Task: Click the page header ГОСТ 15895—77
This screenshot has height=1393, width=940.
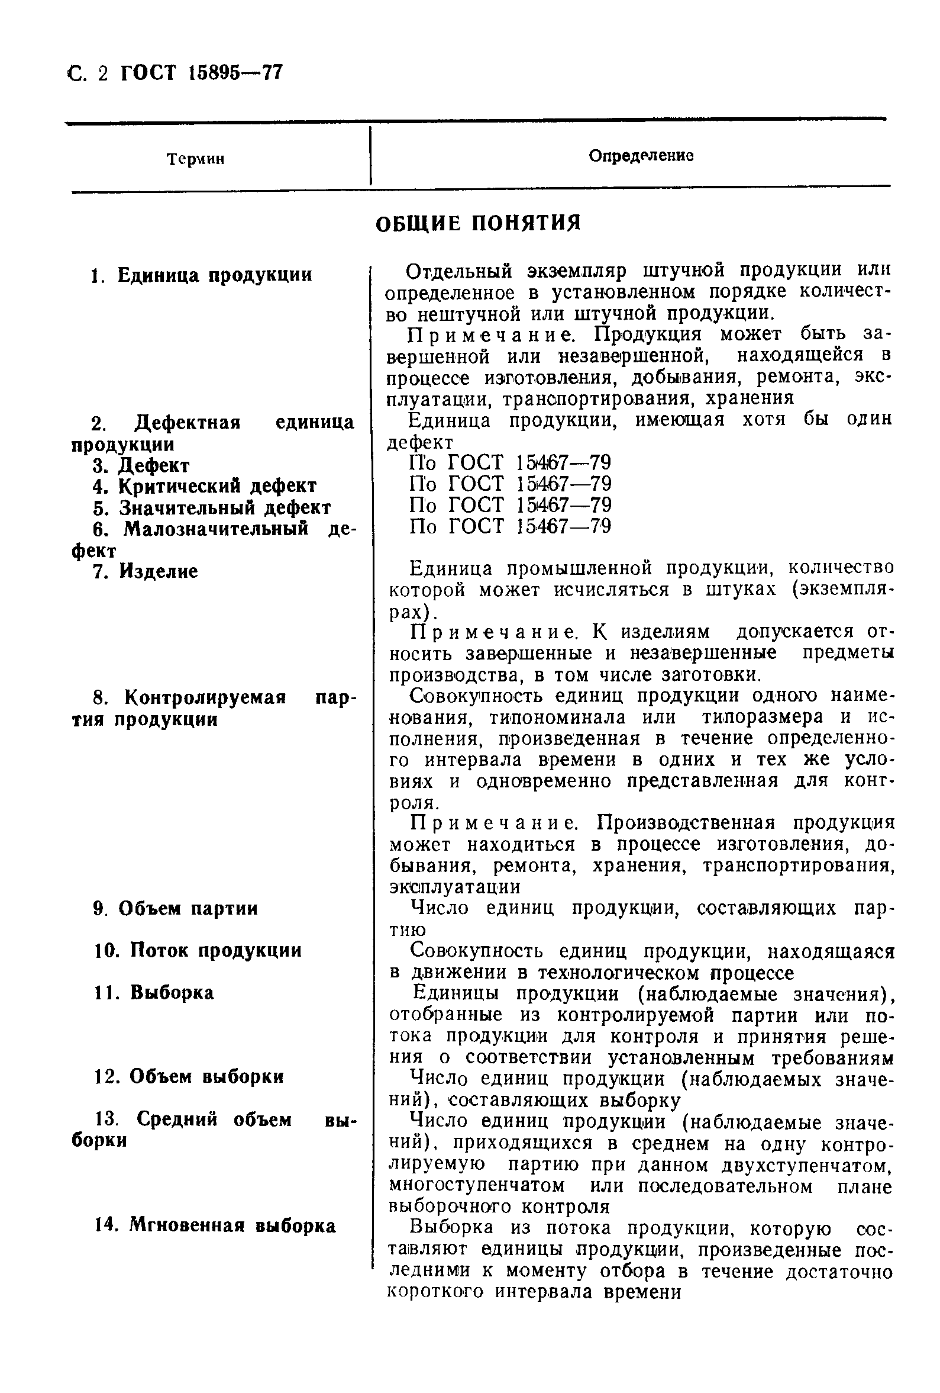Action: click(x=201, y=74)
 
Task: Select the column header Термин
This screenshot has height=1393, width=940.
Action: click(x=195, y=159)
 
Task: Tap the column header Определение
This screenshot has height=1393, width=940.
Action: click(x=641, y=156)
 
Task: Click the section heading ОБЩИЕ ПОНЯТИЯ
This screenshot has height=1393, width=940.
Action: click(x=477, y=224)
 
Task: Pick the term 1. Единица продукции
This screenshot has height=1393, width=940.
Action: click(x=201, y=275)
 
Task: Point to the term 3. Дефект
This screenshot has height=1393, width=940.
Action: click(x=141, y=466)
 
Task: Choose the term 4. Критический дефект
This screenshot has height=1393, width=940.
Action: click(x=203, y=486)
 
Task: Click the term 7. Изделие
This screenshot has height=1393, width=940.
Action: click(x=146, y=571)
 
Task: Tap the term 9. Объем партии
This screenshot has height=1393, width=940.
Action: click(x=176, y=909)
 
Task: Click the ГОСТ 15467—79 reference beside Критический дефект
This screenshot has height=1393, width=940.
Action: click(x=510, y=484)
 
